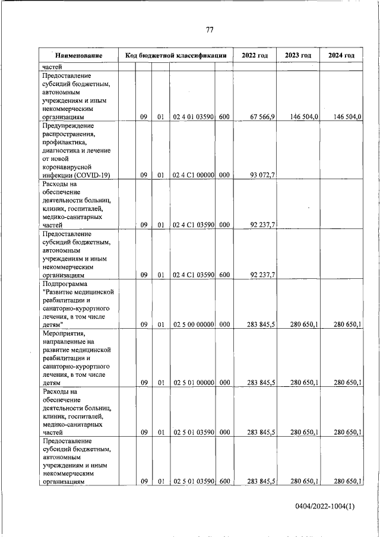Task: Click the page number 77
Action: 210,30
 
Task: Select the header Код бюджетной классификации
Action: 176,56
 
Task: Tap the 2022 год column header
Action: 254,56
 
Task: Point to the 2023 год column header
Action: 298,56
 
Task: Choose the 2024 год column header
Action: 341,56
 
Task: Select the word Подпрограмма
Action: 67,284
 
